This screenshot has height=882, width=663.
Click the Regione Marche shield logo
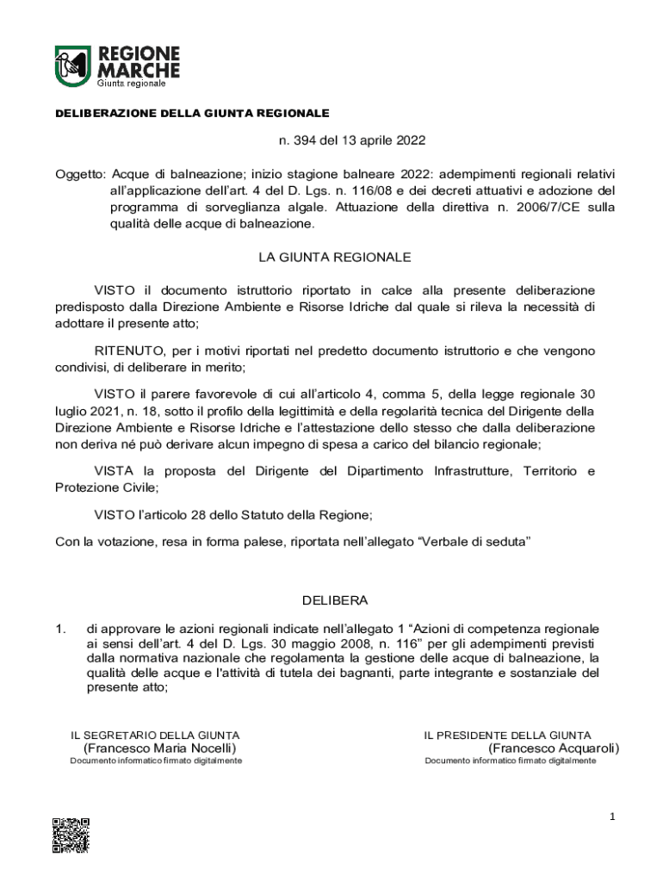point(72,65)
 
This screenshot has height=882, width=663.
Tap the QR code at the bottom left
point(71,834)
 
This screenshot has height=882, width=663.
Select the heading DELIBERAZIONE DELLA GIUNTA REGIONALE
point(192,113)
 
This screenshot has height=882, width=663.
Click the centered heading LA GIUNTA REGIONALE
point(334,257)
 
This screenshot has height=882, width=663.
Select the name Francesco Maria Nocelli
point(159,748)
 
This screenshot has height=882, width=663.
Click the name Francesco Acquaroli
point(554,748)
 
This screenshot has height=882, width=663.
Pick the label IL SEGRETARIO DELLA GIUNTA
point(155,735)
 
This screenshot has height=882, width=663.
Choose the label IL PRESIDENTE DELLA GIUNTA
point(507,735)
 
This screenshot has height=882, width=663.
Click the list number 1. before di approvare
point(60,629)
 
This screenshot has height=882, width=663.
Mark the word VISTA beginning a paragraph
point(115,470)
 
